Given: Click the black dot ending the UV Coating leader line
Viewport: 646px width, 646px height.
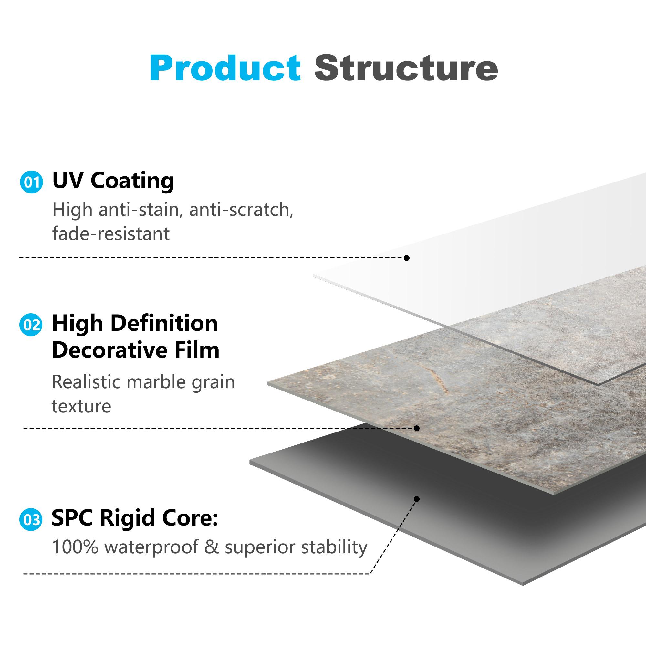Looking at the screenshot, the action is (x=407, y=258).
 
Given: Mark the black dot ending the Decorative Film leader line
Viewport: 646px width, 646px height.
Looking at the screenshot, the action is (x=417, y=428).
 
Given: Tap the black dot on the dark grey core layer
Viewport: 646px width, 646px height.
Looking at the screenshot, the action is (x=417, y=499).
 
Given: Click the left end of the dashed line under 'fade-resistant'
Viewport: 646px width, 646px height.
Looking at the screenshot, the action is (x=20, y=258).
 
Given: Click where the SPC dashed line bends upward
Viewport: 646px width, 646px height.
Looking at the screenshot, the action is (x=370, y=574).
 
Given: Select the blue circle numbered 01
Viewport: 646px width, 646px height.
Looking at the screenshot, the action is (x=31, y=182).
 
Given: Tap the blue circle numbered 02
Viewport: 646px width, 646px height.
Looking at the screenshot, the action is (x=31, y=325).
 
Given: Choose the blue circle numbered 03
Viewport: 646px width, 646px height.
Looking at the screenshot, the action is (x=31, y=520).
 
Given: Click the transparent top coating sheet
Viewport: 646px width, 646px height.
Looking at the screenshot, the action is (x=502, y=267).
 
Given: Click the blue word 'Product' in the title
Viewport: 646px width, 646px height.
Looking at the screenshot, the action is (x=225, y=68).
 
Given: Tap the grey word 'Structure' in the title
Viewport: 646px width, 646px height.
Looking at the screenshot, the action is (x=406, y=68).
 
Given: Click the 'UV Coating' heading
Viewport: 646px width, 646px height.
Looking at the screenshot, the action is (x=113, y=181).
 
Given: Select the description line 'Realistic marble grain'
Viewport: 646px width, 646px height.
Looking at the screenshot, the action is (x=143, y=382).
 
